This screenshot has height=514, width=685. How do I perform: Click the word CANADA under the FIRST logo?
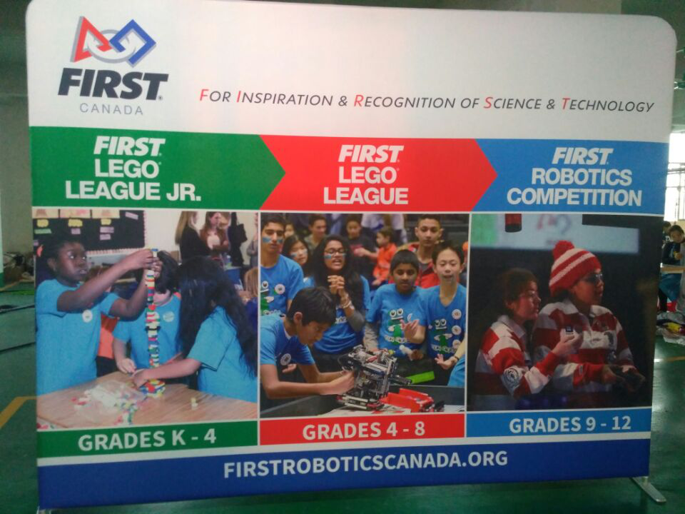coord(111,109)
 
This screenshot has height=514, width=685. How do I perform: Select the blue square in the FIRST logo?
coord(134,42)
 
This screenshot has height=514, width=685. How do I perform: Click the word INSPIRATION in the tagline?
coord(285,99)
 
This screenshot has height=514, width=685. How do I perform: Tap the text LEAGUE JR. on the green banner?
coord(133,191)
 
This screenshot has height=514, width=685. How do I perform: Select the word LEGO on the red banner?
coord(367,176)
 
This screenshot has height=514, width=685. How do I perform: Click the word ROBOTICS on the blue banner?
coord(582,177)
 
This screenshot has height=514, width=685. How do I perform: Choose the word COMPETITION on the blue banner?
coord(574,197)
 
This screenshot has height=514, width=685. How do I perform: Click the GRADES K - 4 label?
coord(147,440)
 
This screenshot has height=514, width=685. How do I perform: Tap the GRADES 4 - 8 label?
coord(363,430)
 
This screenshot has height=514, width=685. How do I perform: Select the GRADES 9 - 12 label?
coord(570,424)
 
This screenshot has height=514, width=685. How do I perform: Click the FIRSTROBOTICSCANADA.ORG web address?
coord(365,463)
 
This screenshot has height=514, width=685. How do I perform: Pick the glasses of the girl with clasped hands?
coord(335,252)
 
